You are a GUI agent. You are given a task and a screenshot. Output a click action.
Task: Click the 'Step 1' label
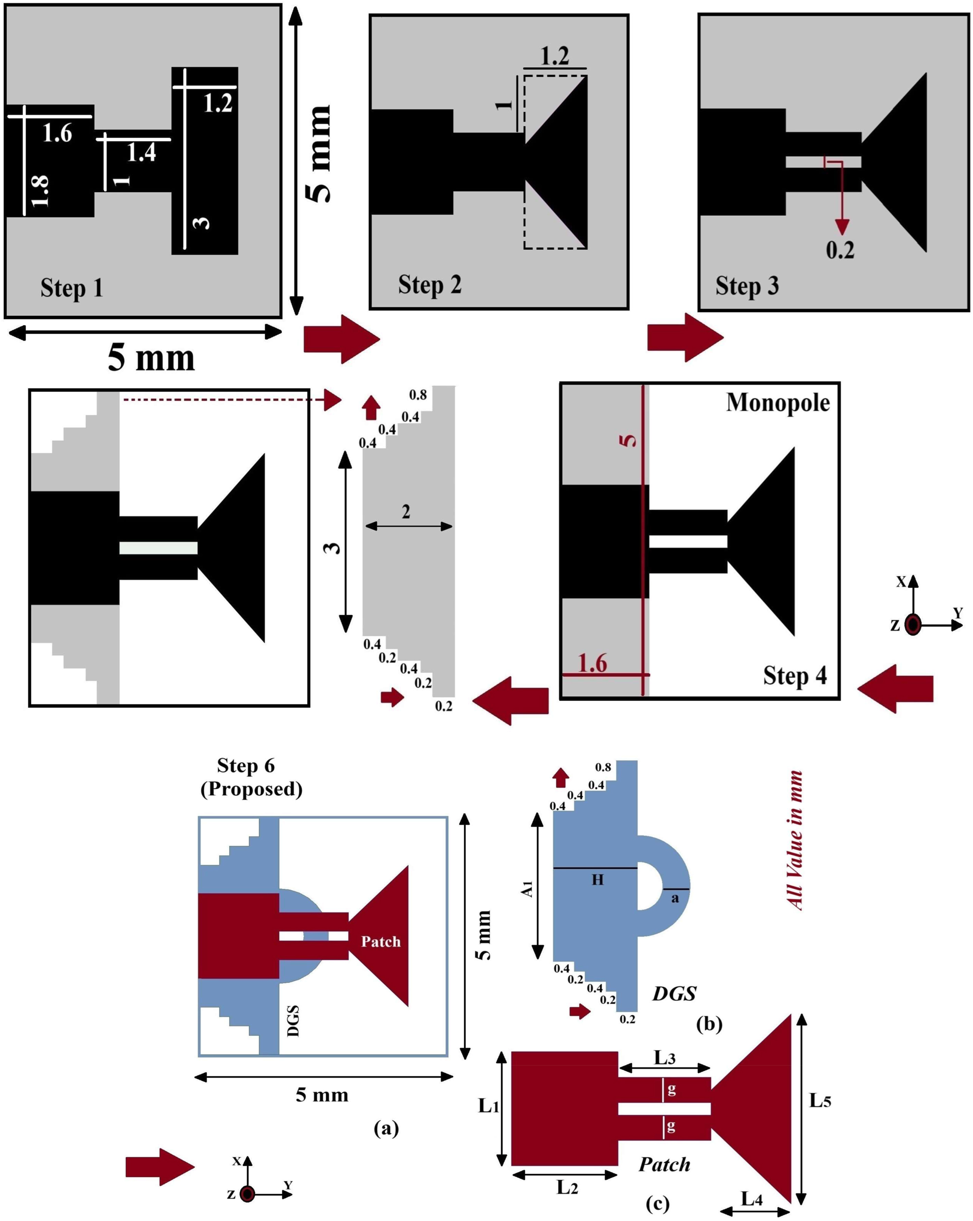(71, 288)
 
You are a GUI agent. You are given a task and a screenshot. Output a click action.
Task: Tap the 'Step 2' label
(429, 284)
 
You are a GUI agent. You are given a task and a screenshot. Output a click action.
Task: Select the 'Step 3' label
(746, 285)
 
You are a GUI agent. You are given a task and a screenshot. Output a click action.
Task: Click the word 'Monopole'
(777, 403)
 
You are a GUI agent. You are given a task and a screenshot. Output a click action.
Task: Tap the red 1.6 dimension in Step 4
(592, 663)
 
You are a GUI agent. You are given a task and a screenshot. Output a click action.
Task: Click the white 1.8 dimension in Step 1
(40, 191)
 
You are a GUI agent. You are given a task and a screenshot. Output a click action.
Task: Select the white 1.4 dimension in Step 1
(141, 152)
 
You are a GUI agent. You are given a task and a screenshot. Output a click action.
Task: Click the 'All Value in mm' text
(795, 840)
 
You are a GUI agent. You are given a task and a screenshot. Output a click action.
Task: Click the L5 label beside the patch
(819, 1100)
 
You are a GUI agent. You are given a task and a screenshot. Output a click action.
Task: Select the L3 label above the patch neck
(664, 1057)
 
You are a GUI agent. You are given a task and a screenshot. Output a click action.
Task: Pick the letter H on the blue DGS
(597, 880)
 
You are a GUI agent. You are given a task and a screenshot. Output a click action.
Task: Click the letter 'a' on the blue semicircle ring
(674, 898)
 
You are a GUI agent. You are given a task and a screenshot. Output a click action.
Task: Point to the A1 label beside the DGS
(527, 888)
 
